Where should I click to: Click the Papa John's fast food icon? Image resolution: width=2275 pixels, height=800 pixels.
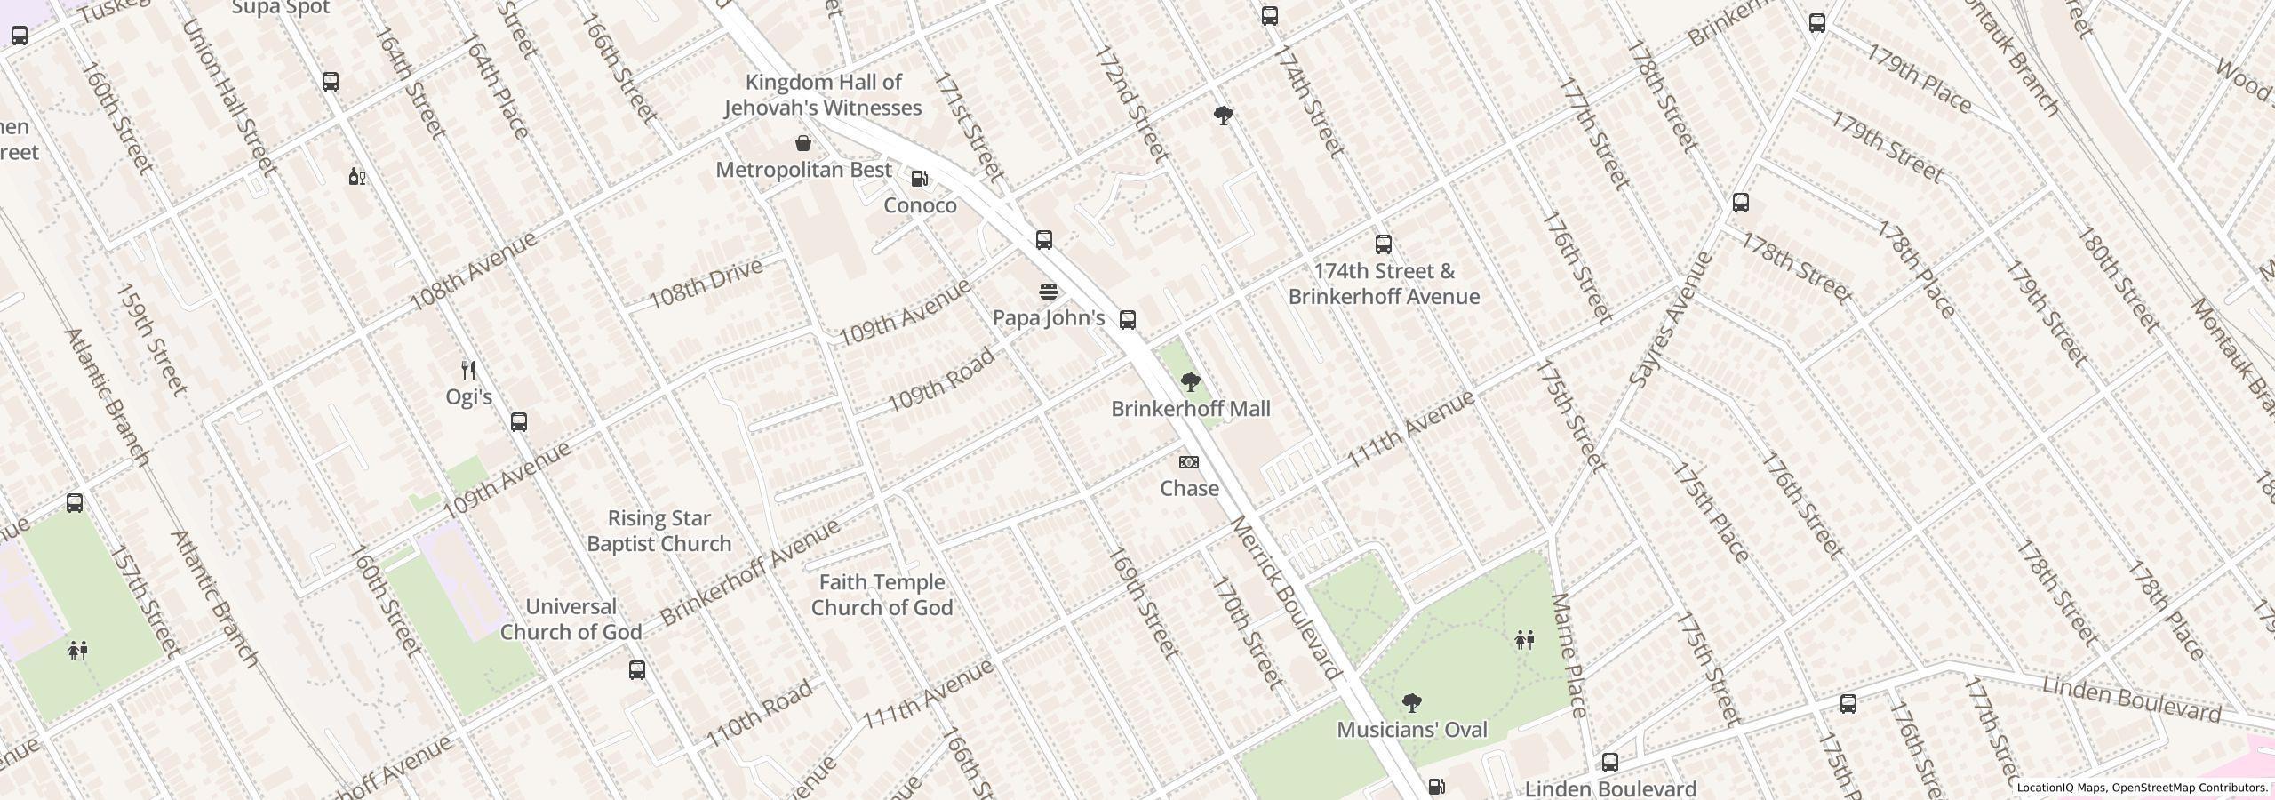coord(1049,292)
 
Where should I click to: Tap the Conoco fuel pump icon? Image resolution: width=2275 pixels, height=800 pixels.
coord(920,179)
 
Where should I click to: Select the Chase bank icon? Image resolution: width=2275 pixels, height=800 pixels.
coord(1188,462)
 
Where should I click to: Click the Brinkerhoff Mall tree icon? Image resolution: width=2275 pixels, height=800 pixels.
coord(1190,383)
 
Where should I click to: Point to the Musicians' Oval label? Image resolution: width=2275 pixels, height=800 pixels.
coord(1411,730)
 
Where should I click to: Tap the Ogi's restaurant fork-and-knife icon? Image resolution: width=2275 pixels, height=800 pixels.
coord(468,370)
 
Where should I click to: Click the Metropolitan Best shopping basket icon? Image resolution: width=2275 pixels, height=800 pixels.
coord(803,143)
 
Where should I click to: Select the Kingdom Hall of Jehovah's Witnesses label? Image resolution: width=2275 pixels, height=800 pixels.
coord(822,95)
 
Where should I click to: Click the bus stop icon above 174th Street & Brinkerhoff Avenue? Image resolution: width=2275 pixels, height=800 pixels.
coord(1383,244)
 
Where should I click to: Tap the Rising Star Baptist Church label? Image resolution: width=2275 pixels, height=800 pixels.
coord(659,531)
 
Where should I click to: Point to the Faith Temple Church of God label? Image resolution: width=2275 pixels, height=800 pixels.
coord(882,595)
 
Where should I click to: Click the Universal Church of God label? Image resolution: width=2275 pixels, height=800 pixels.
coord(571,620)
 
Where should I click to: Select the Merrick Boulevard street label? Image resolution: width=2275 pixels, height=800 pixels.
coord(1285,597)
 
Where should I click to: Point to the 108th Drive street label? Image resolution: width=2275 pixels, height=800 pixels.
coord(706,283)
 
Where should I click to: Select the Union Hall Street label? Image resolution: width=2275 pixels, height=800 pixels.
coord(228,96)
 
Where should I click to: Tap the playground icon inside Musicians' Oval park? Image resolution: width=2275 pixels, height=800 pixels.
coord(1524,639)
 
